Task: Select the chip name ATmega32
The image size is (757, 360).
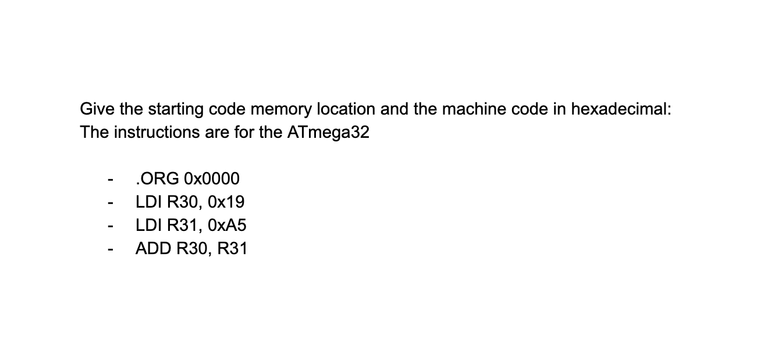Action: (x=328, y=133)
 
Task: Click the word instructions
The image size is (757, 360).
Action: (x=155, y=132)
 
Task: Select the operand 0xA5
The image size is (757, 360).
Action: (x=227, y=225)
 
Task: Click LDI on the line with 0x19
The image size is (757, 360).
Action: (x=149, y=202)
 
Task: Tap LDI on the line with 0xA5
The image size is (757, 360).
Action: (x=149, y=225)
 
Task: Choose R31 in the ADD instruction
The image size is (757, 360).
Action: (x=232, y=248)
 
